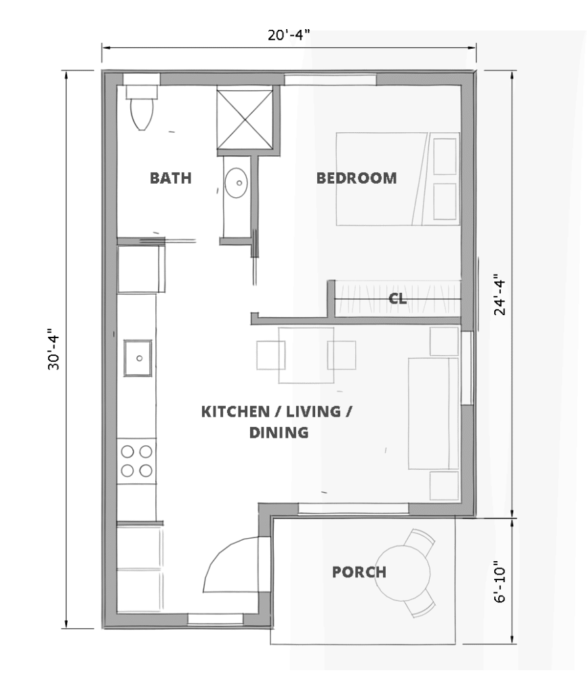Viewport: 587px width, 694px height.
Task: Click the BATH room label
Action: coord(170,178)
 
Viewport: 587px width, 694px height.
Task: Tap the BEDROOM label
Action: coord(357,178)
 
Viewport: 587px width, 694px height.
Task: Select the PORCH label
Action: coord(359,572)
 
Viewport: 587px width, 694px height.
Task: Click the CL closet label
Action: coord(397,299)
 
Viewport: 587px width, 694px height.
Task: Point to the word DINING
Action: coord(279,432)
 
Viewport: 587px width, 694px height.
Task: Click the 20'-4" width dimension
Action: coord(288,35)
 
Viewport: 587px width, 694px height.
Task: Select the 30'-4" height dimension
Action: coord(54,349)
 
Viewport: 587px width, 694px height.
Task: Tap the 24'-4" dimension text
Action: coord(500,294)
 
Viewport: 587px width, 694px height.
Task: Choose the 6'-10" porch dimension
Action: coord(500,581)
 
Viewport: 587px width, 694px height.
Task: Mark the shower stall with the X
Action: coord(245,119)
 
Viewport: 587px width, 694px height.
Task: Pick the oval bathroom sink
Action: coord(236,182)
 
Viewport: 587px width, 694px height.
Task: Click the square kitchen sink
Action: coord(138,358)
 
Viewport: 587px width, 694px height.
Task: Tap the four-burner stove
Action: coord(136,461)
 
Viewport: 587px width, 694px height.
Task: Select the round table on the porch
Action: coord(403,573)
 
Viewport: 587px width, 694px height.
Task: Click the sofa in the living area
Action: coord(433,413)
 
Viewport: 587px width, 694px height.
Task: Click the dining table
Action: coord(306,355)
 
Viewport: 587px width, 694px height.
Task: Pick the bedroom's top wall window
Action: coord(330,80)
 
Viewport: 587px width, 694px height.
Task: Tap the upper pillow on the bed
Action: coord(445,157)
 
